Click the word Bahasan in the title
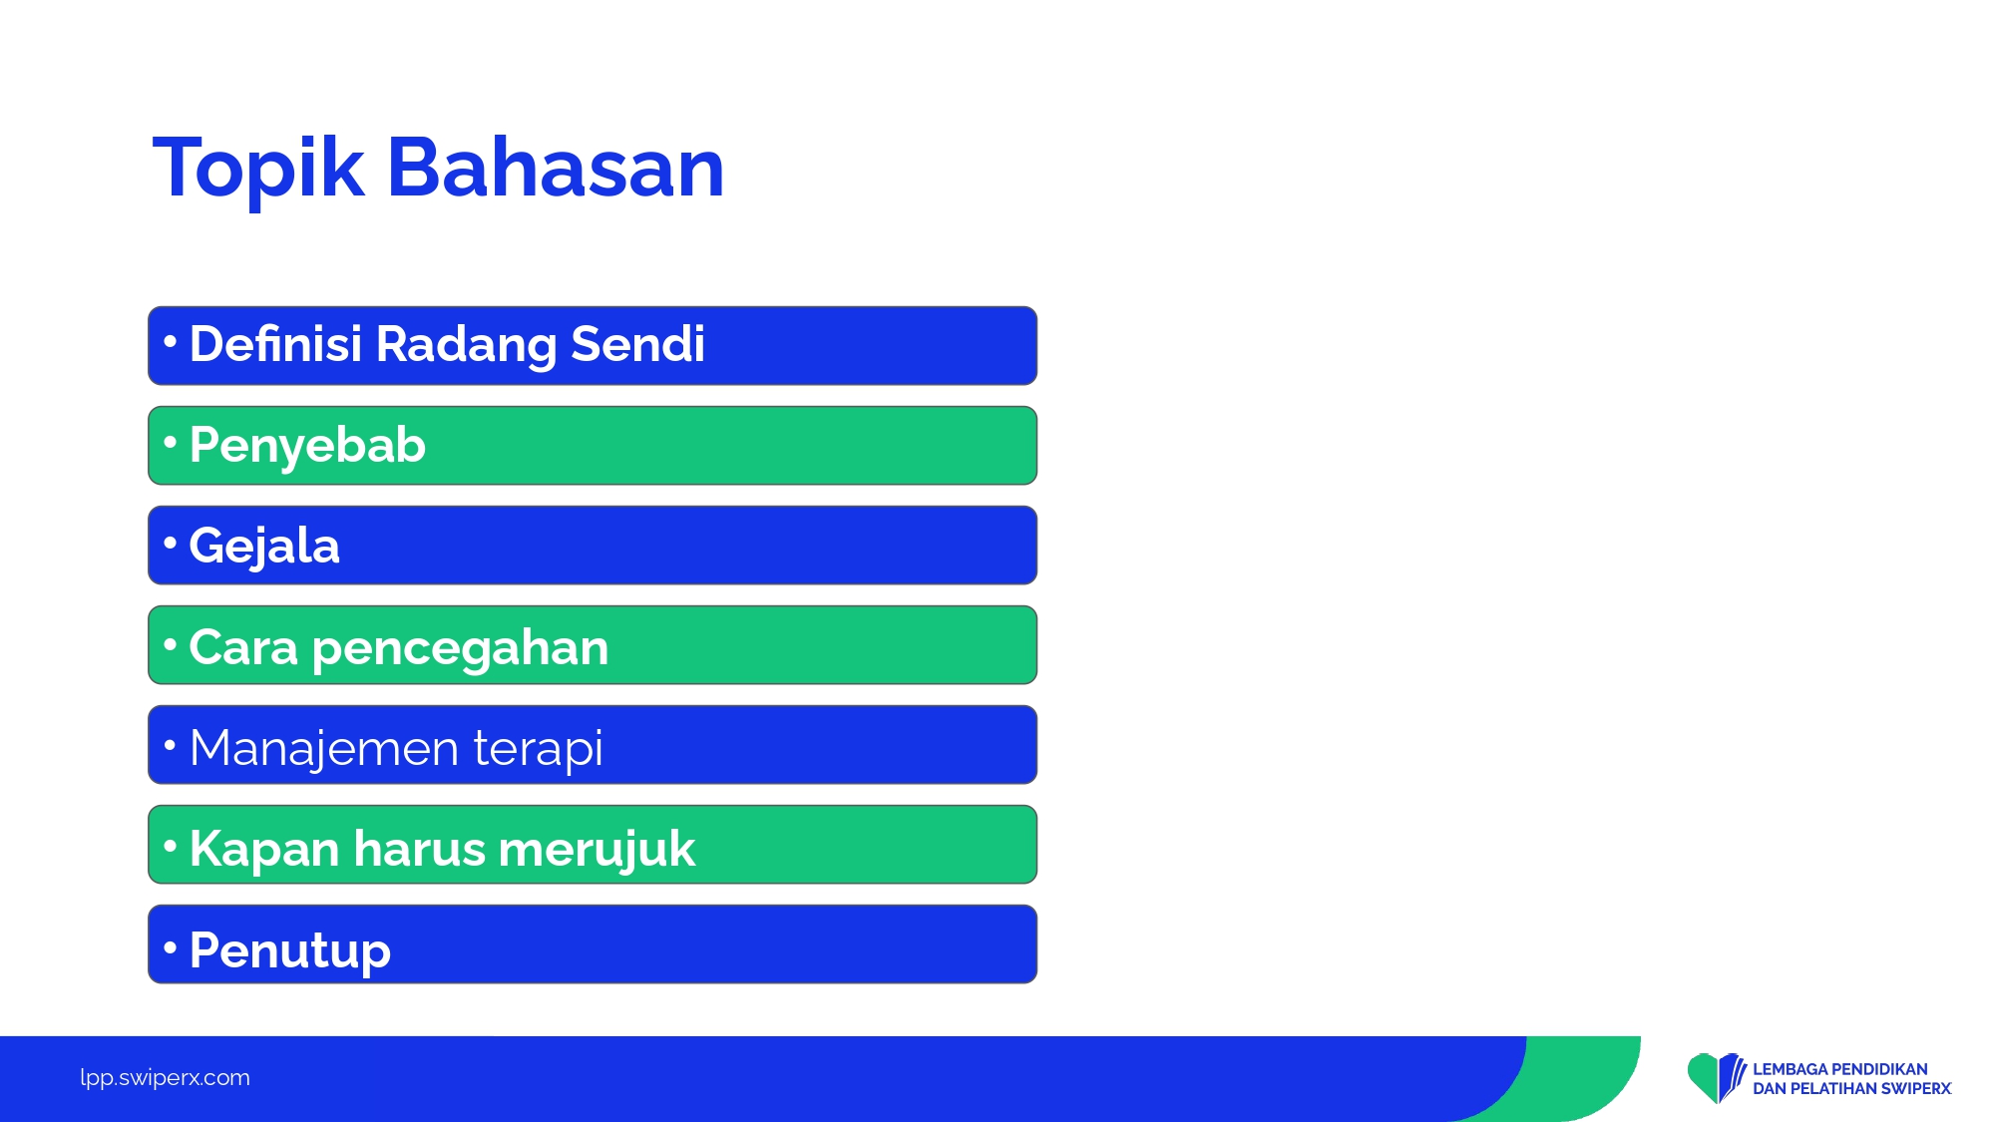pyautogui.click(x=556, y=167)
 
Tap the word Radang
pyautogui.click(x=466, y=346)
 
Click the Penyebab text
pyautogui.click(x=307, y=446)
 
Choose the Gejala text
pyautogui.click(x=264, y=547)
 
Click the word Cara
pyautogui.click(x=243, y=647)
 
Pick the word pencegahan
pyautogui.click(x=460, y=649)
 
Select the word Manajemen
pyautogui.click(x=324, y=748)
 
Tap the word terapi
pyautogui.click(x=538, y=749)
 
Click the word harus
pyautogui.click(x=419, y=849)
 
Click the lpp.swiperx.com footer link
pyautogui.click(x=165, y=1078)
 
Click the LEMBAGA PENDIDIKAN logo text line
pyautogui.click(x=1840, y=1069)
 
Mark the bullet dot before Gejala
pyautogui.click(x=170, y=543)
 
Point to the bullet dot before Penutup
pyautogui.click(x=170, y=945)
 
